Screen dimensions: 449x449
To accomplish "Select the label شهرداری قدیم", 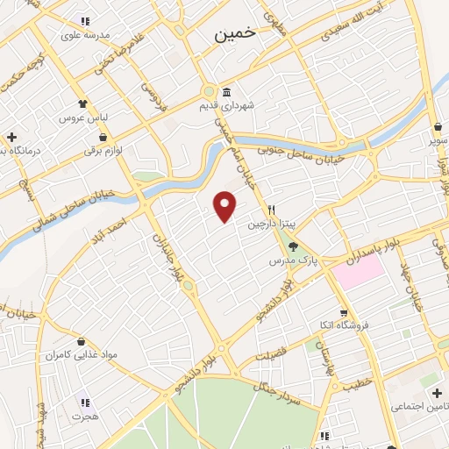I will click(x=250, y=105).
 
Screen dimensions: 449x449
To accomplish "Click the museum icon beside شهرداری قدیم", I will click(x=226, y=92).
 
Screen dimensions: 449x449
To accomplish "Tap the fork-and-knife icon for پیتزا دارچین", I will click(x=272, y=210).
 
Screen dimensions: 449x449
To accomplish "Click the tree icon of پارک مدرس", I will click(x=294, y=247).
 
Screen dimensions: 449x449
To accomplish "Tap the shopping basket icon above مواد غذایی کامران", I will click(x=81, y=341).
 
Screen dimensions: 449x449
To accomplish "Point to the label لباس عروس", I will click(x=82, y=118).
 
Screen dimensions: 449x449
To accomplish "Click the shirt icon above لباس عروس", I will click(x=83, y=103).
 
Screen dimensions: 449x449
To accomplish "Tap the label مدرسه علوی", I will click(x=84, y=35).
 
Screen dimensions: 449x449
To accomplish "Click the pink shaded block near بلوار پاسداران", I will click(x=357, y=274).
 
